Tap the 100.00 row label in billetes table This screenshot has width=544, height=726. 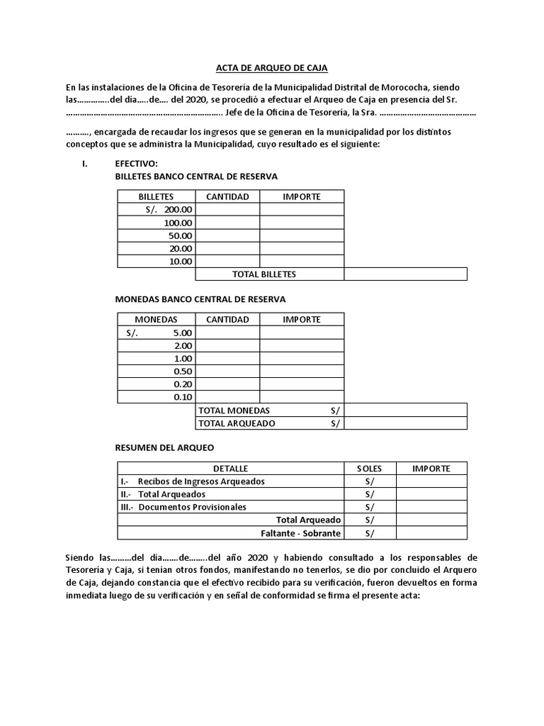(x=178, y=223)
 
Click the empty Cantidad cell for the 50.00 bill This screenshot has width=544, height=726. (x=227, y=235)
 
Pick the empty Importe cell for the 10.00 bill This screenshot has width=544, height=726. (x=302, y=261)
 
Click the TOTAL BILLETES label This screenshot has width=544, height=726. (x=264, y=274)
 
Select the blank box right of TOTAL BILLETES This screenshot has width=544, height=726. (x=405, y=274)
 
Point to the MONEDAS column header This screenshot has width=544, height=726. (x=156, y=319)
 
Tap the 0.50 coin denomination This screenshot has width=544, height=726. (x=183, y=371)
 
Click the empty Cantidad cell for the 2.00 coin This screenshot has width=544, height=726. (x=227, y=345)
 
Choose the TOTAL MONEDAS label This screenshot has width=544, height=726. (x=234, y=410)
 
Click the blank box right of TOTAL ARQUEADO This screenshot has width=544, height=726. (x=405, y=423)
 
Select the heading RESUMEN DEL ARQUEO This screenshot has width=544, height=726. (x=164, y=448)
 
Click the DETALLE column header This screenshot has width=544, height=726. (x=230, y=469)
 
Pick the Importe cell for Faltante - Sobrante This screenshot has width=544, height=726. (x=431, y=533)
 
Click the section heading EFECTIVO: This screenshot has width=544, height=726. (x=136, y=164)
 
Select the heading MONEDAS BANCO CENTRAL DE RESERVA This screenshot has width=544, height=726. (x=200, y=299)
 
